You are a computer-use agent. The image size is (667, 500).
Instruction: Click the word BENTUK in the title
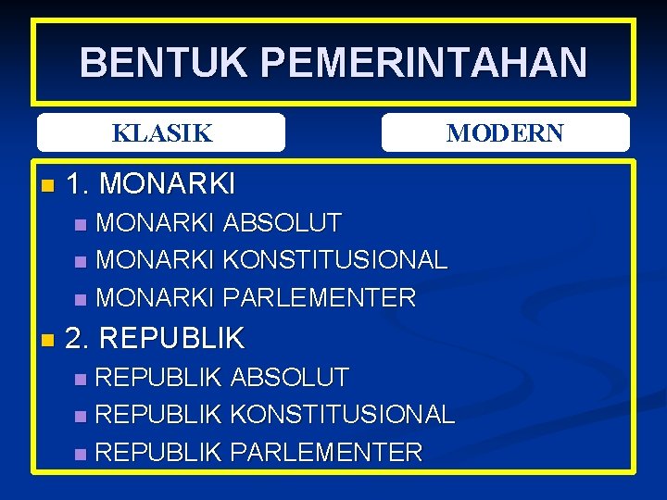pyautogui.click(x=163, y=63)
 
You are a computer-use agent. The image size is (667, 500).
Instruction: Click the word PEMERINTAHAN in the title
pyautogui.click(x=423, y=63)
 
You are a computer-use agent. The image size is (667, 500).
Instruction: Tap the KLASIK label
pyautogui.click(x=162, y=133)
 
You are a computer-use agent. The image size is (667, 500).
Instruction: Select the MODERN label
pyautogui.click(x=505, y=133)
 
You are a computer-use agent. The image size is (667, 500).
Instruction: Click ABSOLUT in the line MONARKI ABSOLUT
pyautogui.click(x=283, y=223)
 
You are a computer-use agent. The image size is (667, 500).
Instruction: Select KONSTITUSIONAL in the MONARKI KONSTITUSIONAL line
pyautogui.click(x=335, y=260)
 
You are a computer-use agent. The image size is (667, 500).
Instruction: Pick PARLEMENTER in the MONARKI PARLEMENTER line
pyautogui.click(x=320, y=298)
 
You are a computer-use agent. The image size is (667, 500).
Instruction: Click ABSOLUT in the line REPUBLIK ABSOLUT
pyautogui.click(x=289, y=378)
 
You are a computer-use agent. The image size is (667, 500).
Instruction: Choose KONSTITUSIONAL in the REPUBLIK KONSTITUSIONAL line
pyautogui.click(x=342, y=415)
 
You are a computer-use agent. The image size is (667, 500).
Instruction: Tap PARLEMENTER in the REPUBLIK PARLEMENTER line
pyautogui.click(x=326, y=453)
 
